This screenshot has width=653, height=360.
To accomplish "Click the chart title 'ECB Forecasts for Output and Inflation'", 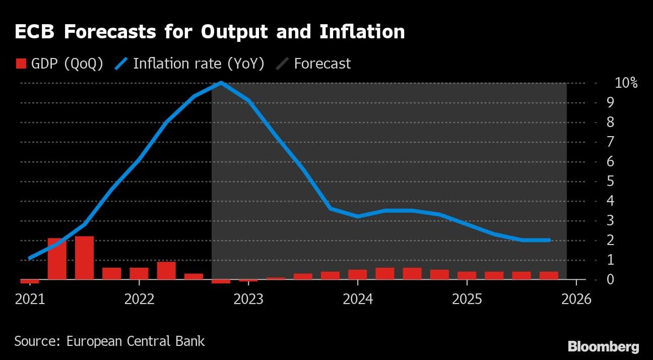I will (210, 32).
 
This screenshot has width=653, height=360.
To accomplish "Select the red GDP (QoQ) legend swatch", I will (21, 64).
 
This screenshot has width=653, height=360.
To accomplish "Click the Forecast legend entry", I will (321, 64).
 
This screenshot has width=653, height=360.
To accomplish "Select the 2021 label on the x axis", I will (30, 299).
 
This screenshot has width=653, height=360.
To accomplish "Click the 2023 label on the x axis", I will (248, 299).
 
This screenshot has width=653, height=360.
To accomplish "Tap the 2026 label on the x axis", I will (575, 299).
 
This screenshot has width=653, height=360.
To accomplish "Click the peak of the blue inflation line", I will (221, 83).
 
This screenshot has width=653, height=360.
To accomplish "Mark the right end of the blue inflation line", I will (549, 240).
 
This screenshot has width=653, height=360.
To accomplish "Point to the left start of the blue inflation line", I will (30, 258).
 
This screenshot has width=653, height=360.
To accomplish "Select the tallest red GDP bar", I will (84, 258).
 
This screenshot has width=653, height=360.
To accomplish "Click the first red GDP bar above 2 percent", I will (57, 259).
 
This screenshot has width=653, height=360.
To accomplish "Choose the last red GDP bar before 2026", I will (549, 275).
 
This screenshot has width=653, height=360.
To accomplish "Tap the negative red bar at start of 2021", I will (30, 281).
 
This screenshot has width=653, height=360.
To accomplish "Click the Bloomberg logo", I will (603, 347).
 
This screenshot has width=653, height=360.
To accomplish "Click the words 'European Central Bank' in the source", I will (136, 341).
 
